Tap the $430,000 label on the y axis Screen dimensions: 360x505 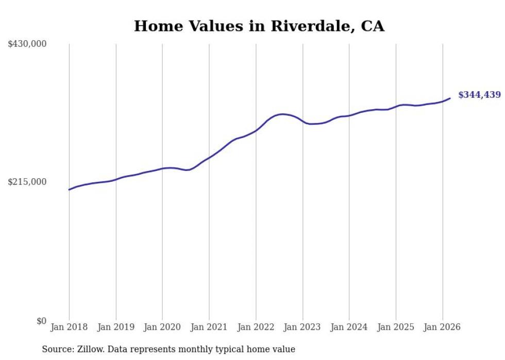27,44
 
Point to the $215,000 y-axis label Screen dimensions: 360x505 27,182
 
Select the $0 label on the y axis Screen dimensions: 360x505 41,321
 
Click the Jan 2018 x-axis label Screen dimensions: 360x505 69,327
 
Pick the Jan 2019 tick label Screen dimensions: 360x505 116,327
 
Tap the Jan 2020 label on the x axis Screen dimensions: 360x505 162,327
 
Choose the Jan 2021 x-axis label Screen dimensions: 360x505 209,327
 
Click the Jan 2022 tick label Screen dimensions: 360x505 256,327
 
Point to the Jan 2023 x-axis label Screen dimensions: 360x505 302,327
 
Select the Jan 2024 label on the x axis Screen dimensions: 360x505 349,327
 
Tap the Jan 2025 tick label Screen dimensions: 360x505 396,327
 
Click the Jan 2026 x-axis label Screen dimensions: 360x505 442,327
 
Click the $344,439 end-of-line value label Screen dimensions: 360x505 479,95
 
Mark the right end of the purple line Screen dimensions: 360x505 450,98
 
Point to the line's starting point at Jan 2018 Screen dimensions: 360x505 69,190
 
